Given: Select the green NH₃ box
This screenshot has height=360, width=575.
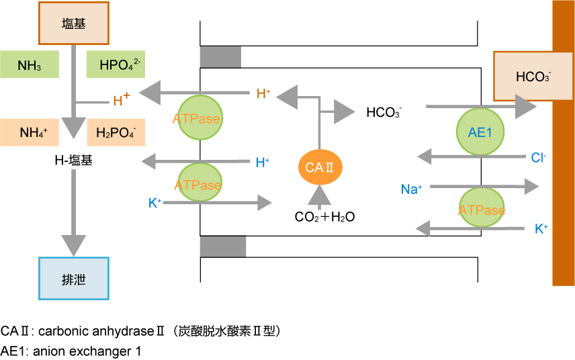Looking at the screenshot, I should (x=30, y=65).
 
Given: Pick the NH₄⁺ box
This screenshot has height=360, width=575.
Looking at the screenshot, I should (x=30, y=132).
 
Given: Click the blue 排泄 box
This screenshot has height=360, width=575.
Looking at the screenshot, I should (x=73, y=278).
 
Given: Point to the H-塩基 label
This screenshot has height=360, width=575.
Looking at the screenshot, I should (x=73, y=161).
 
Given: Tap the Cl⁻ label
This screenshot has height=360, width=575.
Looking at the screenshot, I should (x=538, y=158).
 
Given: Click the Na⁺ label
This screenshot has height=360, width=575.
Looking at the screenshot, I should (x=411, y=189).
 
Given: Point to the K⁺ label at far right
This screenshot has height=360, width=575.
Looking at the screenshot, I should (x=541, y=229).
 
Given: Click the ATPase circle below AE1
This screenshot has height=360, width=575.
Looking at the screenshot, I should (x=482, y=210).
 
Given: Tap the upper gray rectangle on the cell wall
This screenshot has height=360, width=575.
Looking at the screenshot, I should (x=220, y=57).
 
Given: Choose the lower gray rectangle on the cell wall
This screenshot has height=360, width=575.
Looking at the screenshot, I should (x=223, y=246).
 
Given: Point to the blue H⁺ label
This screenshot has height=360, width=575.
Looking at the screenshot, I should (x=263, y=162).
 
